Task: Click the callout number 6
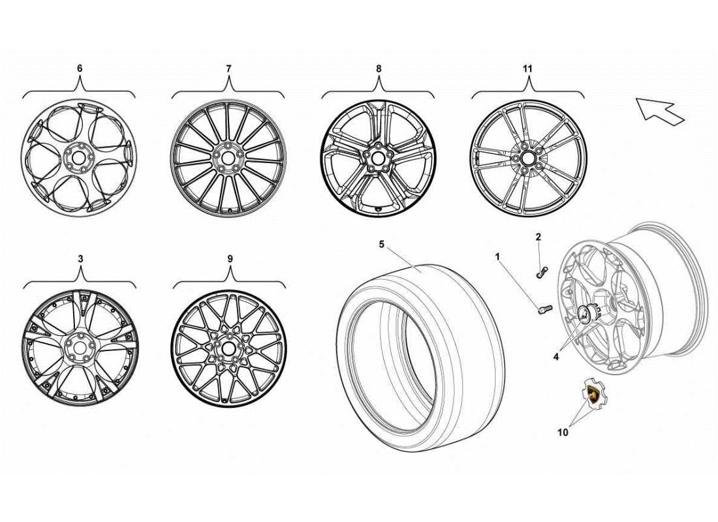pos(80,68)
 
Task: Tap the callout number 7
pos(228,68)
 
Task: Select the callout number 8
pos(379,68)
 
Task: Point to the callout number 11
pos(528,68)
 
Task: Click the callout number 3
pos(80,258)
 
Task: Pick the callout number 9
pos(230,258)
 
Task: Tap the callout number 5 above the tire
pos(382,245)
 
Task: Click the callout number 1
pos(497,257)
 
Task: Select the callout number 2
pos(538,237)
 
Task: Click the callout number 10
pos(563,431)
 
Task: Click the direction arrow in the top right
pos(659,110)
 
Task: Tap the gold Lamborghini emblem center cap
pos(595,393)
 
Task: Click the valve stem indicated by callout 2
pos(540,273)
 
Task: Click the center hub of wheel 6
pos(79,157)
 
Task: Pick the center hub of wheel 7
pos(228,157)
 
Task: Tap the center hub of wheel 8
pos(378,157)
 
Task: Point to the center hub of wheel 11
pos(527,157)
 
